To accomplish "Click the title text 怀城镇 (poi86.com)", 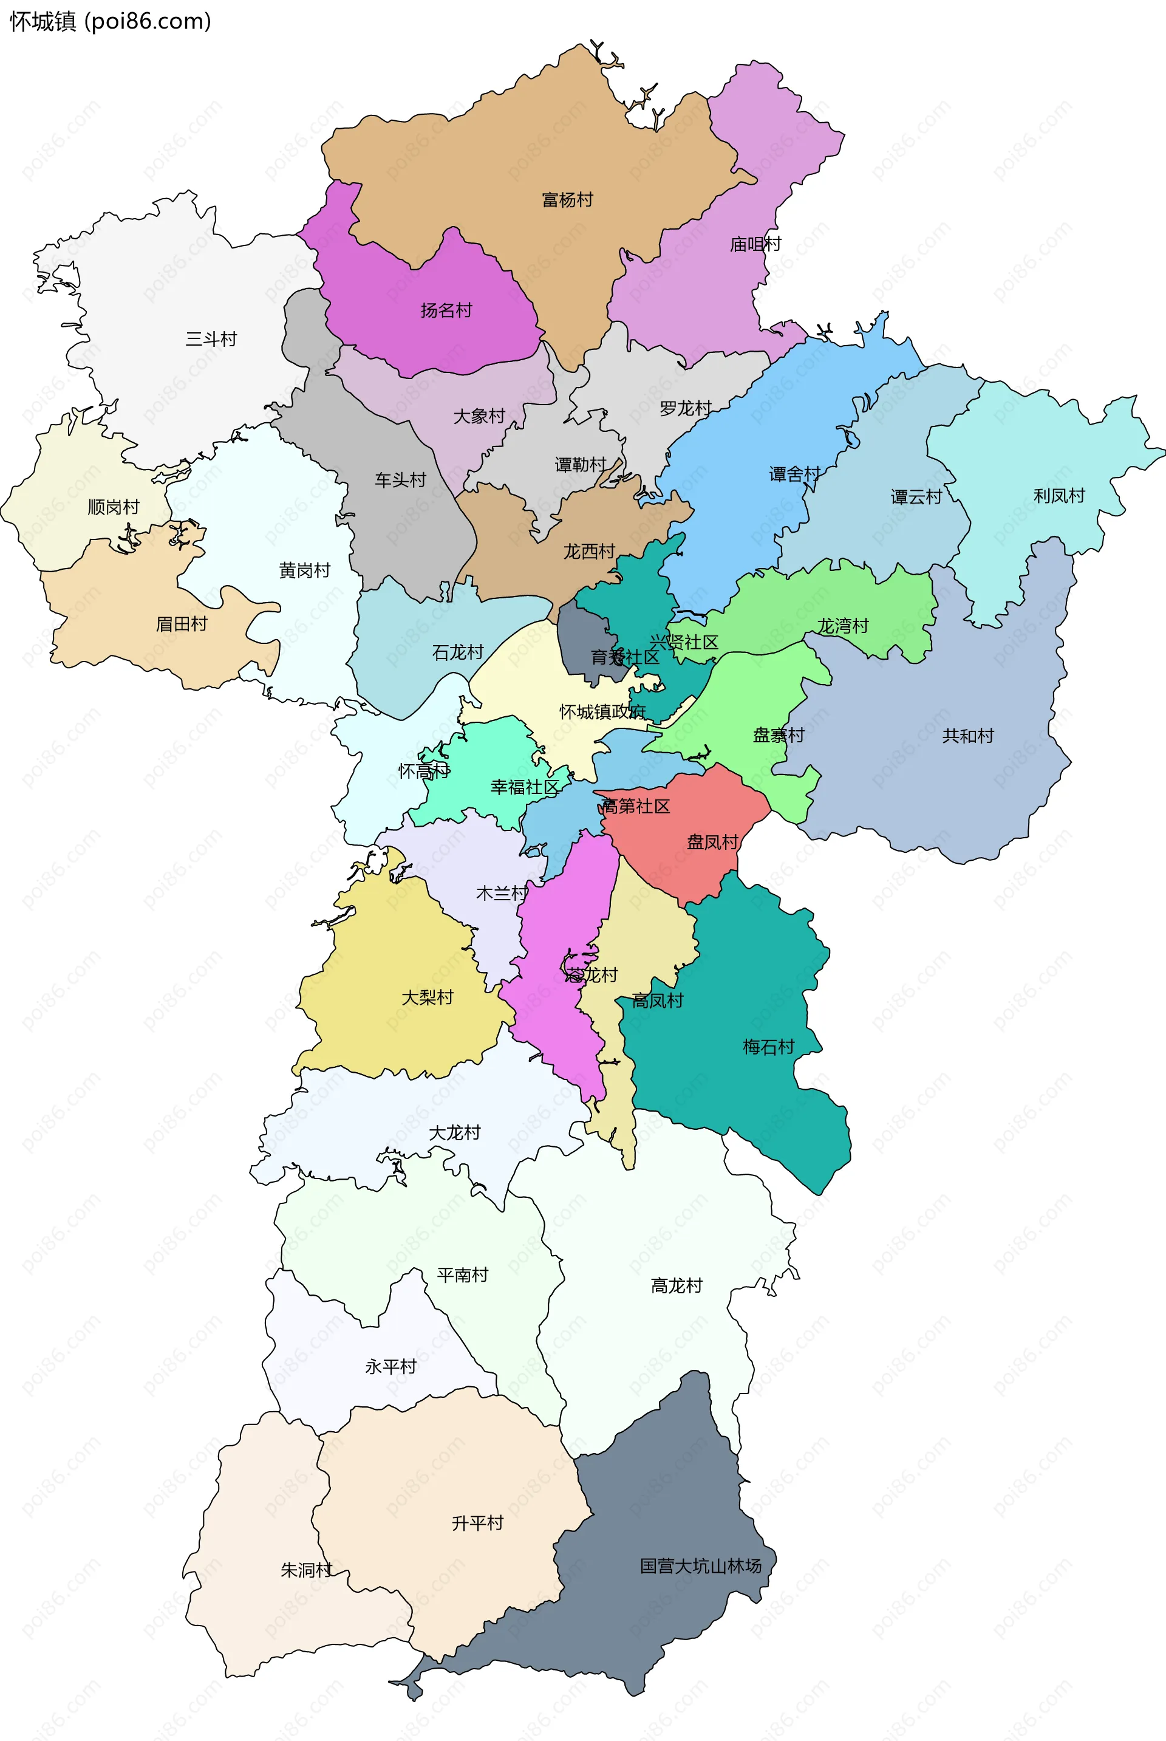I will pyautogui.click(x=110, y=22).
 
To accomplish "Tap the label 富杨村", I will pyautogui.click(x=567, y=199).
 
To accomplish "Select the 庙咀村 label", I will pyautogui.click(x=755, y=244).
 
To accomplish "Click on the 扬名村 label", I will pyautogui.click(x=446, y=310).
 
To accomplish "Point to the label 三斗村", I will pyautogui.click(x=211, y=339).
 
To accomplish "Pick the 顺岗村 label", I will pyautogui.click(x=114, y=507).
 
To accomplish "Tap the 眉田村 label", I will pyautogui.click(x=182, y=624).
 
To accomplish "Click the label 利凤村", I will pyautogui.click(x=1059, y=495).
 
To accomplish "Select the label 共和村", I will pyautogui.click(x=967, y=736).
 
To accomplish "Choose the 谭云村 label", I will pyautogui.click(x=916, y=497).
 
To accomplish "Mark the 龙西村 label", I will pyautogui.click(x=589, y=551).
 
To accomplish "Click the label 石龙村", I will pyautogui.click(x=458, y=652).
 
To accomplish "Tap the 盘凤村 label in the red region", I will pyautogui.click(x=712, y=842).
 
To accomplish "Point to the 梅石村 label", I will pyautogui.click(x=769, y=1047).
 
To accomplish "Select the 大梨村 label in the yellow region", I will pyautogui.click(x=428, y=997).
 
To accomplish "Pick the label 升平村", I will pyautogui.click(x=477, y=1523).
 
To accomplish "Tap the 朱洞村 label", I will pyautogui.click(x=306, y=1570).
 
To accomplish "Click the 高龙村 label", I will pyautogui.click(x=677, y=1286).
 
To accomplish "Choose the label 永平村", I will pyautogui.click(x=390, y=1366).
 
